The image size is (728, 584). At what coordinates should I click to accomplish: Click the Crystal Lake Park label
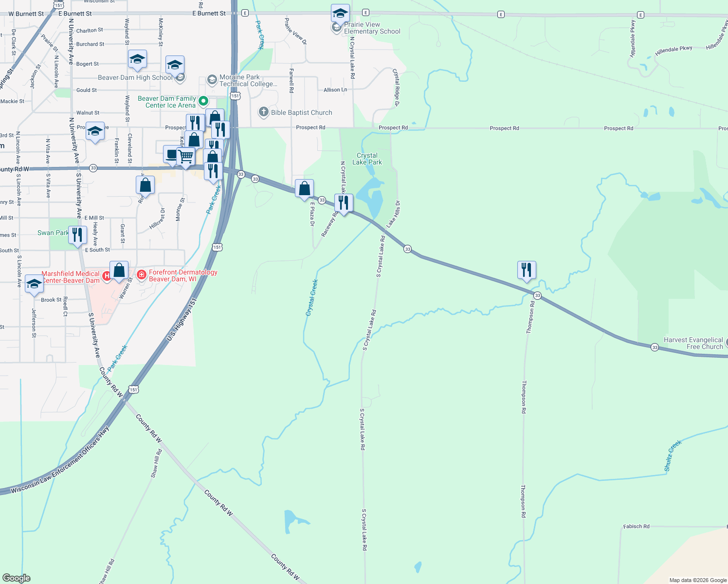point(367,159)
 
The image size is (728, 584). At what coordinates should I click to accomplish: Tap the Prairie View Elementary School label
point(372,28)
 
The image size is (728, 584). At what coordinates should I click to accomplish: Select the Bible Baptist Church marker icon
point(263,112)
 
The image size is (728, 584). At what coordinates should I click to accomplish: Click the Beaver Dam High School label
point(135,77)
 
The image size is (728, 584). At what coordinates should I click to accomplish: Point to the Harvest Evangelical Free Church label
point(693,343)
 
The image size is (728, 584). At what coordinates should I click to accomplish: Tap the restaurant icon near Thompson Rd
point(526,270)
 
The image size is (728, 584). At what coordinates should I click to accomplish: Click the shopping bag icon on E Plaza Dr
point(304,188)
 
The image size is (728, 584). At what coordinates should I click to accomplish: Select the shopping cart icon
point(185,157)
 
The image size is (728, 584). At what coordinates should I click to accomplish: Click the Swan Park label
point(53,233)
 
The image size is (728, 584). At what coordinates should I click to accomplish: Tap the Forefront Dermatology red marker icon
point(142,275)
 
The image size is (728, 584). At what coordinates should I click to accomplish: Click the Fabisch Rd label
point(636,526)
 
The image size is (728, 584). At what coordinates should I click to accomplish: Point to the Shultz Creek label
point(673,456)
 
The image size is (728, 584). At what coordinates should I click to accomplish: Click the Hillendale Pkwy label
point(673,50)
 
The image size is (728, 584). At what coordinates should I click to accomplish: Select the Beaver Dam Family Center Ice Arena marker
point(204,101)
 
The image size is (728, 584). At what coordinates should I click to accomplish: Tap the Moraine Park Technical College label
point(248,80)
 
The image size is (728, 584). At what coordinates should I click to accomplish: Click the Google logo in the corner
point(16,578)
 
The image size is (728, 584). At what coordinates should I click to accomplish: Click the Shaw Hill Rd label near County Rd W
point(156,463)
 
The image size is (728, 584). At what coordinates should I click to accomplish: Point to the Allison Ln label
point(335,90)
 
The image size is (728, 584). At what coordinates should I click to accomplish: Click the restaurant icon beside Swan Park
point(77,235)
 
